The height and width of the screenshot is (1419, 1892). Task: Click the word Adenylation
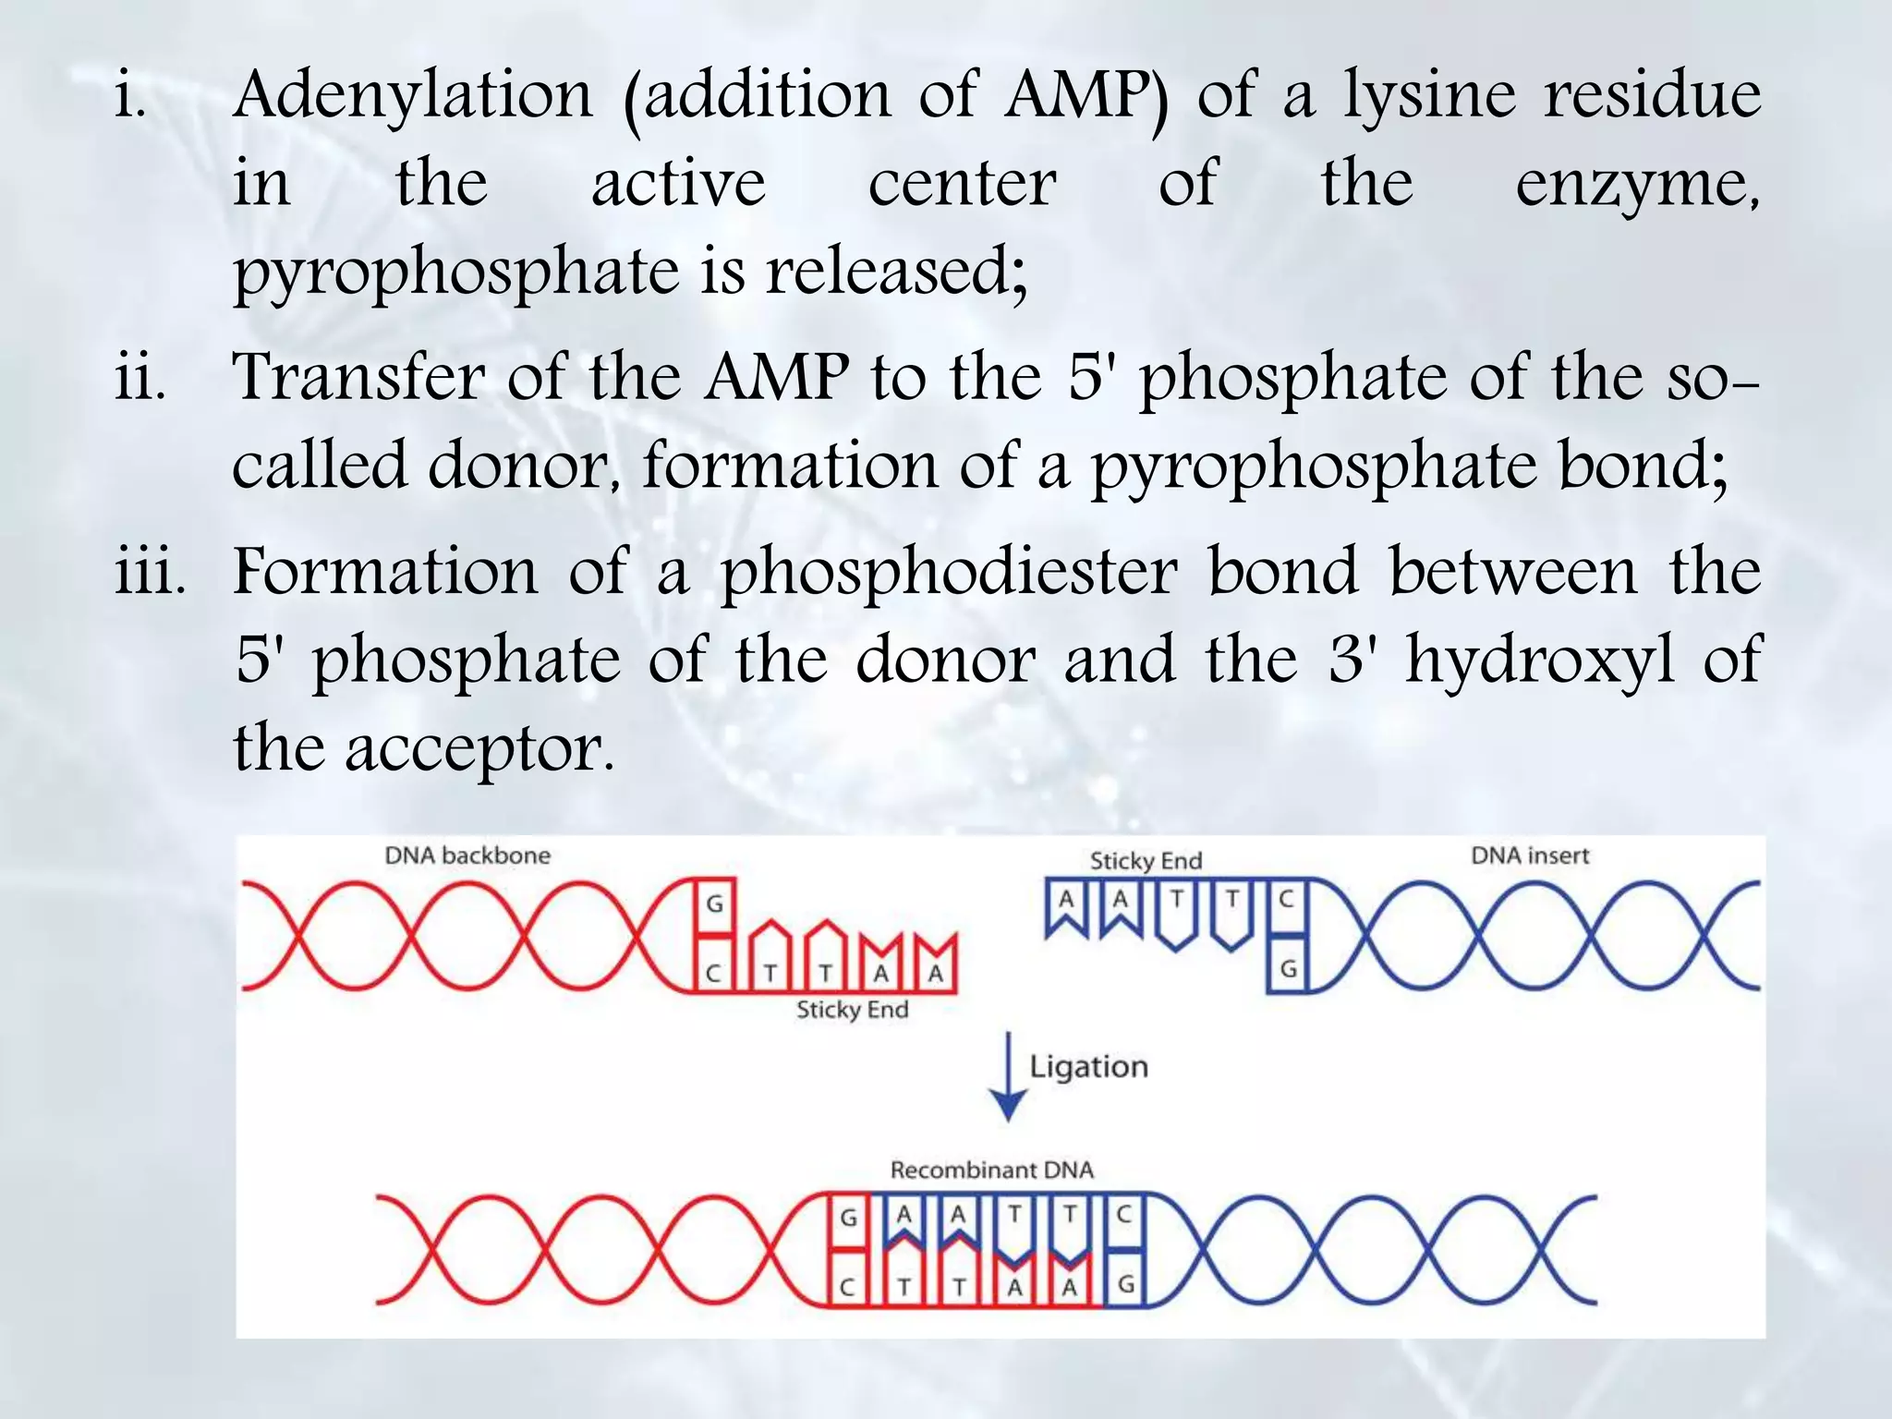[412, 96]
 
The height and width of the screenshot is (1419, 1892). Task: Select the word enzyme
[1636, 185]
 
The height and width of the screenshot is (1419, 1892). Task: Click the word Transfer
[358, 378]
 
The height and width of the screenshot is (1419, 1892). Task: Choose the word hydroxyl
[1540, 661]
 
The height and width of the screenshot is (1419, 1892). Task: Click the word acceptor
[479, 749]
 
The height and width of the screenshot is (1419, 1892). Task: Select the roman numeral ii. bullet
[140, 378]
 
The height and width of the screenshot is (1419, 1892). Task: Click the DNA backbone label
[467, 855]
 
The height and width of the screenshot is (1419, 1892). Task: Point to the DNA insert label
[1530, 855]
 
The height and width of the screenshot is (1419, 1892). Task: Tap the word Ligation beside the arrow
[1088, 1067]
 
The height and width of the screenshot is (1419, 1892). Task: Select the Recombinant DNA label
[991, 1170]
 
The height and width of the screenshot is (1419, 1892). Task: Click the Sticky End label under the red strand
[852, 1010]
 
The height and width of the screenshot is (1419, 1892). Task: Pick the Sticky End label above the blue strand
[1146, 861]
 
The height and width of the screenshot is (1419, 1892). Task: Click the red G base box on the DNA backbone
[715, 904]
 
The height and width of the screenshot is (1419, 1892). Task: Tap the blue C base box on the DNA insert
[1286, 899]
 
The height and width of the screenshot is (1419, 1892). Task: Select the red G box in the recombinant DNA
[848, 1219]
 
